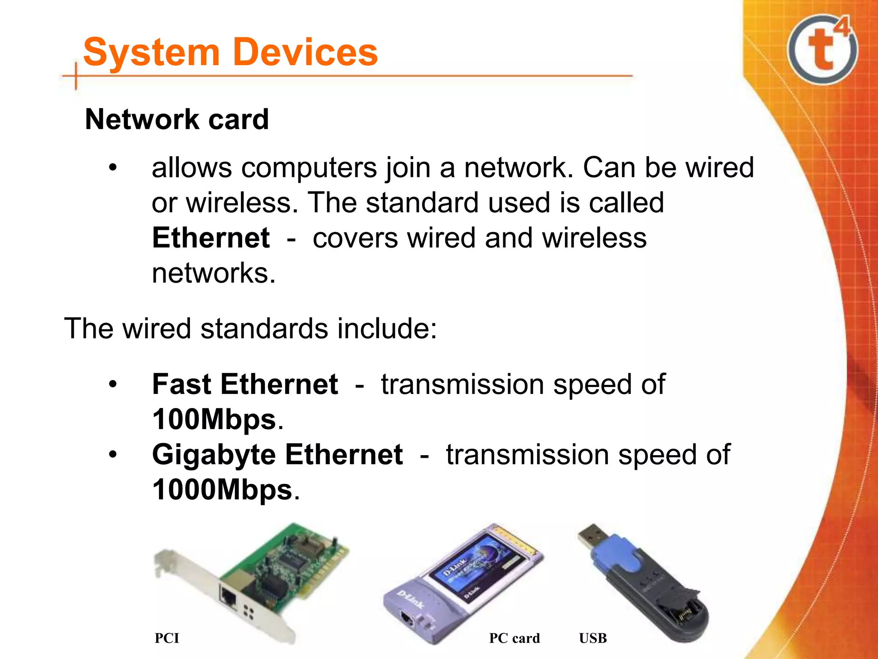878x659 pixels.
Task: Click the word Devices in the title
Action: [x=306, y=52]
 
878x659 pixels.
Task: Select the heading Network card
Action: [x=177, y=119]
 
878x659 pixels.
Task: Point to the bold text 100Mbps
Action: [x=214, y=419]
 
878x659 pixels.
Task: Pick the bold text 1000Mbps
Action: [x=222, y=490]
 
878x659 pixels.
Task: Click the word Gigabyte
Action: [x=213, y=455]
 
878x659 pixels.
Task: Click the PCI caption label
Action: [x=167, y=638]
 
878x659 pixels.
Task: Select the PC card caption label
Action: [x=514, y=638]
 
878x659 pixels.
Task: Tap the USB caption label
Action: [x=592, y=638]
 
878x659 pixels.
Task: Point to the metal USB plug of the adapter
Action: [x=589, y=536]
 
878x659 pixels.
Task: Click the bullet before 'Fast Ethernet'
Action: [x=112, y=384]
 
